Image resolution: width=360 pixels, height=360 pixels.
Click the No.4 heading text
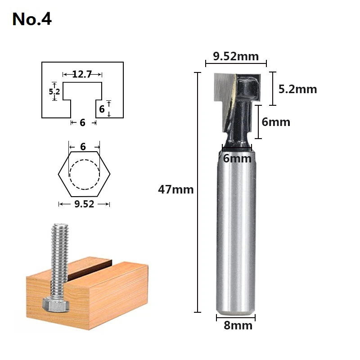coord(32,19)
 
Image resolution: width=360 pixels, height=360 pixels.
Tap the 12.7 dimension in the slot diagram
coord(82,74)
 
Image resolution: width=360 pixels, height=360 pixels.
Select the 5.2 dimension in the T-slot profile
coord(54,92)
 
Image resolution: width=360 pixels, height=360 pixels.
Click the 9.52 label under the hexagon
coord(84,204)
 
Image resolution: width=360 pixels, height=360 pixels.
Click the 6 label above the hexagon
coord(83,147)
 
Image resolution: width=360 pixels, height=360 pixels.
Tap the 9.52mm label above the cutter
coord(236,56)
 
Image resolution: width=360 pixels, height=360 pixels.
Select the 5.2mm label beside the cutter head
coord(297,89)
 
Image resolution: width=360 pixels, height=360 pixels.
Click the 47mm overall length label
coord(175,189)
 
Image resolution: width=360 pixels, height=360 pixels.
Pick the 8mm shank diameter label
coord(238,325)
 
